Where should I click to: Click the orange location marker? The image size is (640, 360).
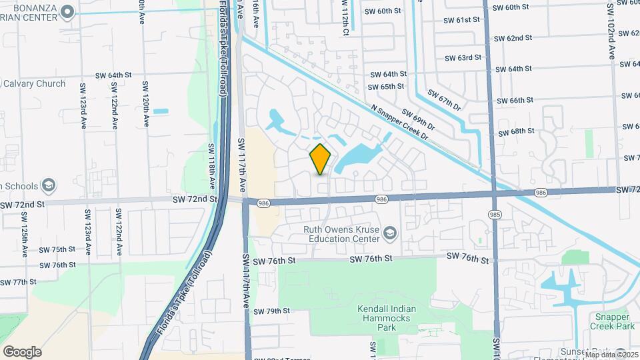click(x=321, y=159)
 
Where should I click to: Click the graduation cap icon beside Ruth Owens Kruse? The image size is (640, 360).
click(x=389, y=233)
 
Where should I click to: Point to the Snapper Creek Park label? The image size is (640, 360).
click(x=612, y=321)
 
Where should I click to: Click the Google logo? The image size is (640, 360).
click(x=22, y=351)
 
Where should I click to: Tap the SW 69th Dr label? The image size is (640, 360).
click(x=417, y=119)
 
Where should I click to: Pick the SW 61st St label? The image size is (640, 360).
click(x=461, y=20)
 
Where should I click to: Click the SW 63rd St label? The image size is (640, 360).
click(x=463, y=58)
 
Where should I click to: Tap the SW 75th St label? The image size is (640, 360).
click(x=57, y=249)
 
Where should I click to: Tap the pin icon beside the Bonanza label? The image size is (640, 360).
click(x=67, y=11)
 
